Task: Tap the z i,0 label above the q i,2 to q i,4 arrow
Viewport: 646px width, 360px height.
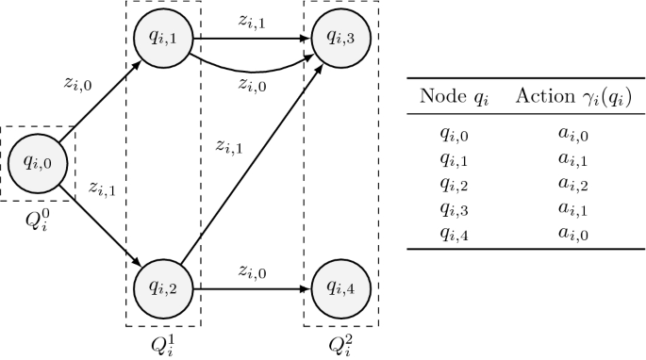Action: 250,270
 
